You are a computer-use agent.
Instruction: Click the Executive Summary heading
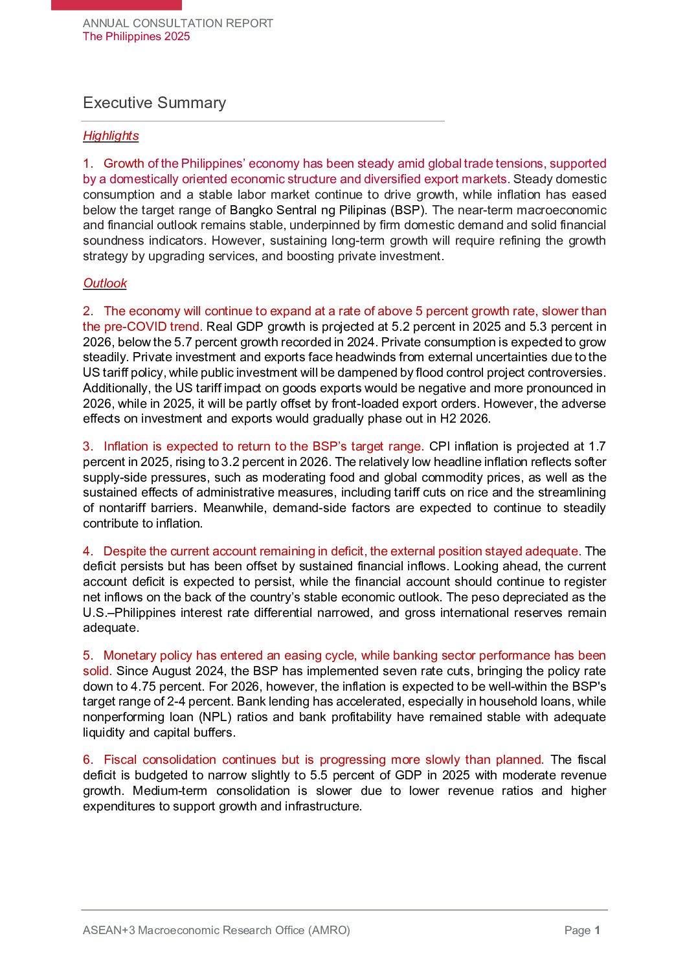coord(154,103)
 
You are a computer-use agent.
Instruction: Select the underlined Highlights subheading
coord(111,136)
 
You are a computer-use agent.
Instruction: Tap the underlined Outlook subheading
coord(105,284)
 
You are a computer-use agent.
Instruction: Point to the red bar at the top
coord(117,5)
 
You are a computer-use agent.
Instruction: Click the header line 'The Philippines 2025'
coord(137,37)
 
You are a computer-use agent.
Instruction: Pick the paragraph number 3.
coord(87,447)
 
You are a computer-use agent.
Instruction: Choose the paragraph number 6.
coord(87,760)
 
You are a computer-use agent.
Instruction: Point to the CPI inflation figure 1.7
coord(596,447)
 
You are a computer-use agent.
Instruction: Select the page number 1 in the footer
coord(598,930)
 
